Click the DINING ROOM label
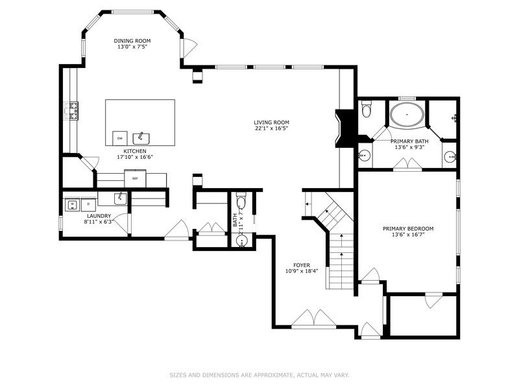pos(132,40)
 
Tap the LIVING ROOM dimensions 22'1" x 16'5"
pos(271,128)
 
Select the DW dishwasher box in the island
pos(119,138)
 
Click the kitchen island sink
pos(141,137)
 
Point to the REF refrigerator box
pos(135,178)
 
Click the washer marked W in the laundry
pos(72,205)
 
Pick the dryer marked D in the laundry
pos(88,205)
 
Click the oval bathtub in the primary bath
pos(407,116)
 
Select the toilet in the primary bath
pos(366,110)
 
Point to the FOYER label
pos(301,265)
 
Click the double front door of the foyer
pos(313,319)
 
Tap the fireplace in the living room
pos(344,130)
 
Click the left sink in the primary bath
pos(365,156)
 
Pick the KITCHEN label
pos(127,150)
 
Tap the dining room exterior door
pos(188,47)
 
